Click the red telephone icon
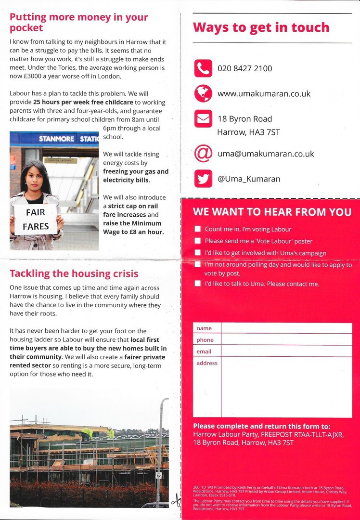coord(203,68)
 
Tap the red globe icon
coord(203,93)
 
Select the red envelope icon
coord(203,118)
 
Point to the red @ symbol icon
coord(203,154)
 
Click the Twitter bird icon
coord(203,179)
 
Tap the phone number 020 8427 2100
coord(244,68)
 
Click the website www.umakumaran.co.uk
coord(264,93)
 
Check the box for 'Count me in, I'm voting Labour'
coord(197,229)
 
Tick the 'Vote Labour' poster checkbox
coord(197,241)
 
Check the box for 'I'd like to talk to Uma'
coord(197,284)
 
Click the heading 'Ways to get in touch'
coord(261,27)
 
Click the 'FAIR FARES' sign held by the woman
coord(36,219)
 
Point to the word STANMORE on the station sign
coord(57,139)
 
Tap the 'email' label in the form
coord(204,351)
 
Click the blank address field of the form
coord(286,387)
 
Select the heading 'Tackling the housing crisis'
coord(74,274)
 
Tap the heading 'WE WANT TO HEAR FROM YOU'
coord(272,212)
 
